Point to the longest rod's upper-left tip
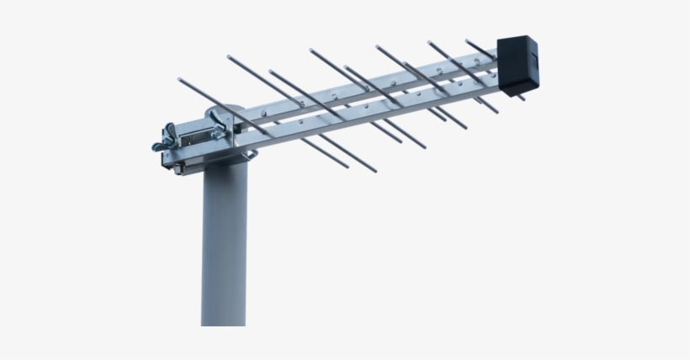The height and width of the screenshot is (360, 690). [x=180, y=80]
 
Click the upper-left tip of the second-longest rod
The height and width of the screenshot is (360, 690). [x=229, y=58]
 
